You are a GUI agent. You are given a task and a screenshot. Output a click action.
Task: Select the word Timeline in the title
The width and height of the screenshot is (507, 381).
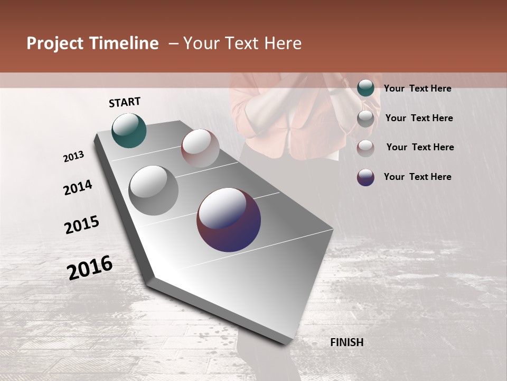coord(125,44)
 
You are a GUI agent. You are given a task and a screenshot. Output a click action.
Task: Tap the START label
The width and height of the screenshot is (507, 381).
coord(125,102)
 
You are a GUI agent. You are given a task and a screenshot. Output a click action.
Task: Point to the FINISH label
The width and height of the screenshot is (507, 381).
coord(346,342)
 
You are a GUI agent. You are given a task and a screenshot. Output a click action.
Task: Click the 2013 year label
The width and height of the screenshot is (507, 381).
coord(74,157)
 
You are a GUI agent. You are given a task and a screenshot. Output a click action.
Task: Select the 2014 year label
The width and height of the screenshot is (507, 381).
coord(78,187)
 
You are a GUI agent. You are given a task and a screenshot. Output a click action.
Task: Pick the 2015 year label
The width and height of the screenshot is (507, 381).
coord(82,225)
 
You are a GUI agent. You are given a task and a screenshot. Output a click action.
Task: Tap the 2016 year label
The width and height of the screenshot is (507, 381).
coord(90,267)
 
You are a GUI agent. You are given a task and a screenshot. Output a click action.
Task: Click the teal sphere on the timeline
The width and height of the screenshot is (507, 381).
coord(129,130)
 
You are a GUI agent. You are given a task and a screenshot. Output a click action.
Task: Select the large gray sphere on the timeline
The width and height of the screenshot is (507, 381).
coord(154,190)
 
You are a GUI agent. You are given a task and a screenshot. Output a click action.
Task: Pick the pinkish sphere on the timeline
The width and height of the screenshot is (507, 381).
coord(200,148)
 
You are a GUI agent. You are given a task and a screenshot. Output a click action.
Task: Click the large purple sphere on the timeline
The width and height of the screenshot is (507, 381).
coord(229,220)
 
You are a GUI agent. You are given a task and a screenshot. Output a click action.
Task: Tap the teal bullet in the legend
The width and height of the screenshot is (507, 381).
coord(365,88)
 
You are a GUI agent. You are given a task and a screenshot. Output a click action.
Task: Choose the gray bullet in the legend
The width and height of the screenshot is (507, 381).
coord(365,119)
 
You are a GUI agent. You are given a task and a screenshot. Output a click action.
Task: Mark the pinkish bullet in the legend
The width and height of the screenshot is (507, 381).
coord(365,148)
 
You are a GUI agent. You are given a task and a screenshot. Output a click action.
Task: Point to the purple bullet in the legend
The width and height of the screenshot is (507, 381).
coord(365,177)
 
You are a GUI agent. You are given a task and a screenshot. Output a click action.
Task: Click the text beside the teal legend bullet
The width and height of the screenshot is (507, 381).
coord(417,88)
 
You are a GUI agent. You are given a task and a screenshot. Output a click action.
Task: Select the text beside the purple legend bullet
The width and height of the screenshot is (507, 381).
coord(417,177)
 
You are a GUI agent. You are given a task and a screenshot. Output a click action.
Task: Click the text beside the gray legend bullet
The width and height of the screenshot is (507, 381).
coord(419,118)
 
